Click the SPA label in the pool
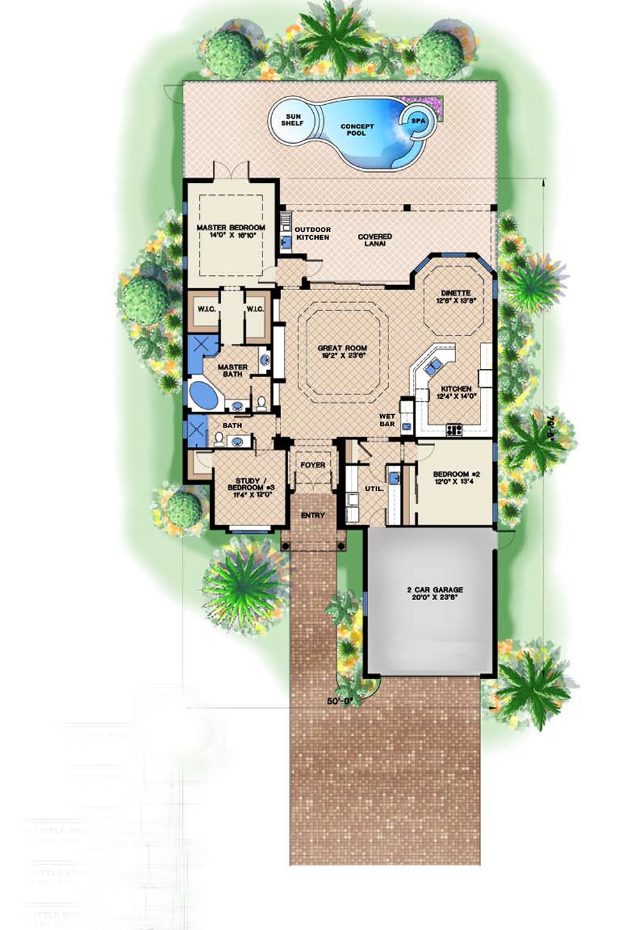click(x=418, y=120)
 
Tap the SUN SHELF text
click(x=294, y=120)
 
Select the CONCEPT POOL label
click(x=357, y=130)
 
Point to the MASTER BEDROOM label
click(x=231, y=231)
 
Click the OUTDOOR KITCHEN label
click(x=312, y=233)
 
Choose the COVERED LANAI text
click(x=375, y=240)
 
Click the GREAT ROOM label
click(x=343, y=352)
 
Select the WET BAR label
click(x=387, y=420)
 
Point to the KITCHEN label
click(x=456, y=392)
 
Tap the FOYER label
click(x=312, y=465)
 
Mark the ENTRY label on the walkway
click(x=312, y=515)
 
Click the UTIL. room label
click(x=374, y=488)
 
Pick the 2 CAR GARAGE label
click(x=434, y=593)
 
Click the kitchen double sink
click(x=433, y=366)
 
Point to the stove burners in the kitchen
click(x=454, y=430)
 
